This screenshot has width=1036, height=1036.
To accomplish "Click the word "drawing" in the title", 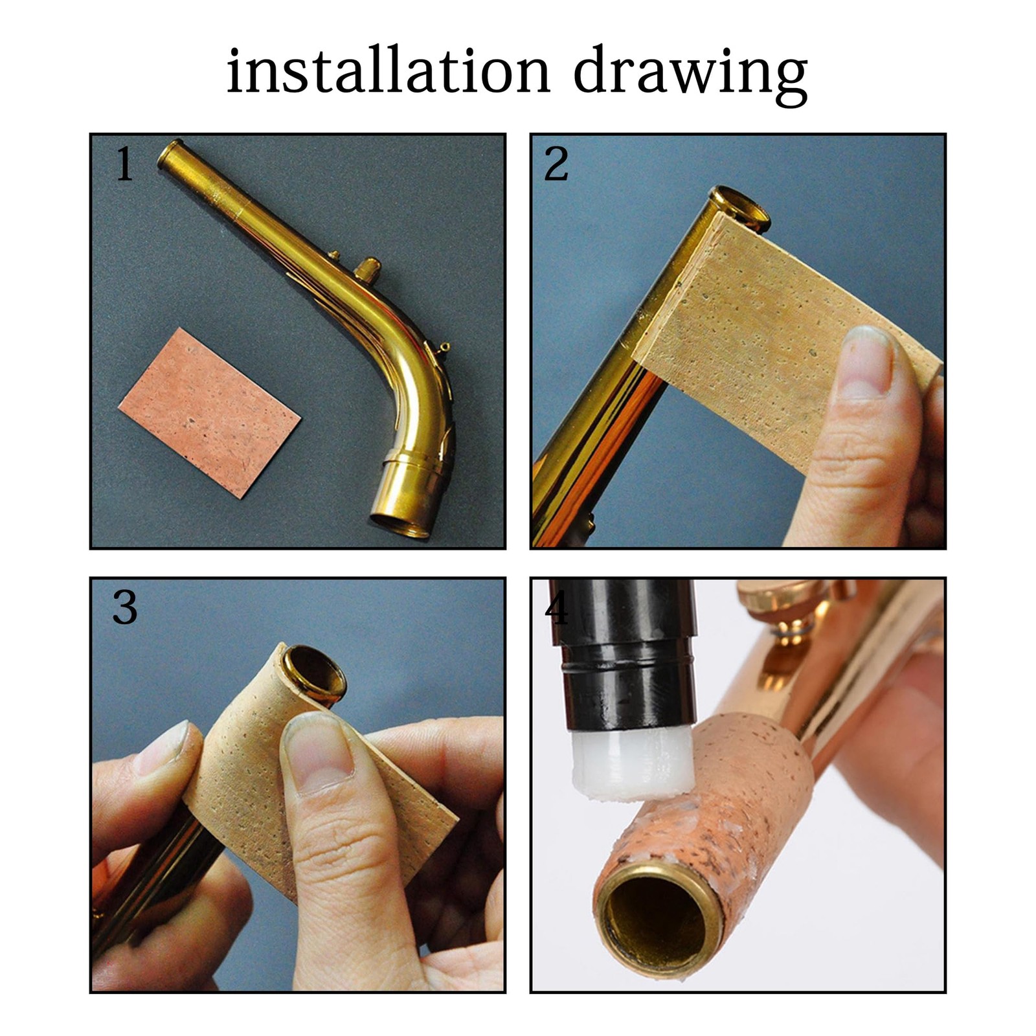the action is (x=691, y=76).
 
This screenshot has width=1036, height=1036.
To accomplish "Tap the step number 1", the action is (x=124, y=164).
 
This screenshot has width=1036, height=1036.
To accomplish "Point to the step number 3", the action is (x=124, y=608).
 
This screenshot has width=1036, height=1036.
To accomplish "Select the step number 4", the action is (x=556, y=608).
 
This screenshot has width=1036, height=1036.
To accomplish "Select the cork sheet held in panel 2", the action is (x=777, y=337).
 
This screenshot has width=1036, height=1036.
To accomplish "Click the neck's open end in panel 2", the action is (x=740, y=208).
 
